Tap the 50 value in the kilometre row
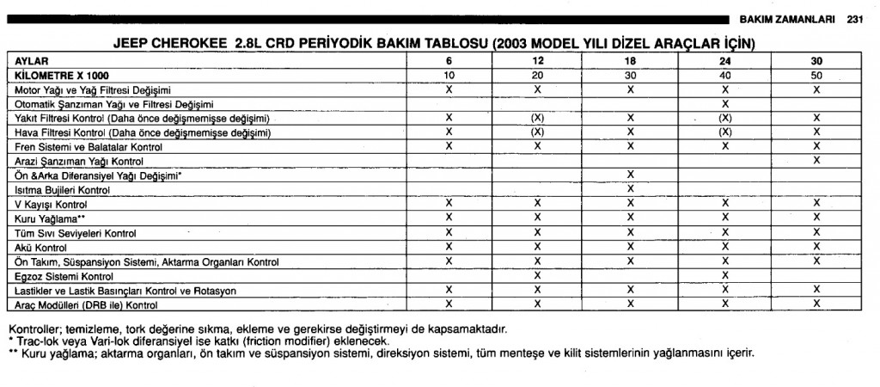[x=816, y=76]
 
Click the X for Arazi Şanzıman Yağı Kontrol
[x=816, y=161]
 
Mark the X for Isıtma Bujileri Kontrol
[x=631, y=189]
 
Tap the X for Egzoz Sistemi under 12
[x=537, y=275]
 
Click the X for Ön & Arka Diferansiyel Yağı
[x=631, y=175]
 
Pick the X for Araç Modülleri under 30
[x=816, y=304]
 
